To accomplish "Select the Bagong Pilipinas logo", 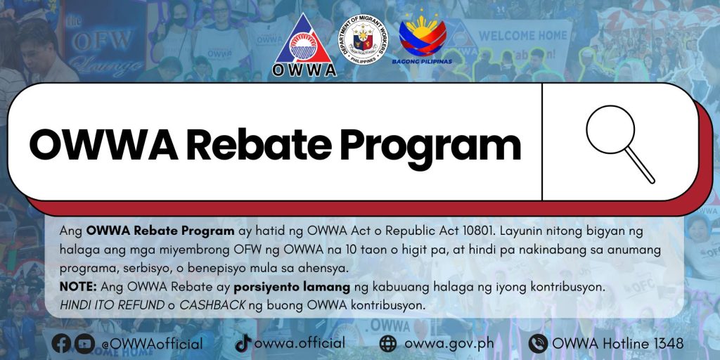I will point(425,40).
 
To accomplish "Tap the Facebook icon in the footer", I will point(62,343).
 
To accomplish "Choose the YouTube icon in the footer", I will point(84,343).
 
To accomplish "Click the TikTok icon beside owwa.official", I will point(243,343).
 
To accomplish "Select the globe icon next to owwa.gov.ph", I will point(388,343).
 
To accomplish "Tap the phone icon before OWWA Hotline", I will point(538,343).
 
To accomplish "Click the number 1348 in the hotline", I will point(667,343).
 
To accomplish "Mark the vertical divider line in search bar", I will point(542,142).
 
